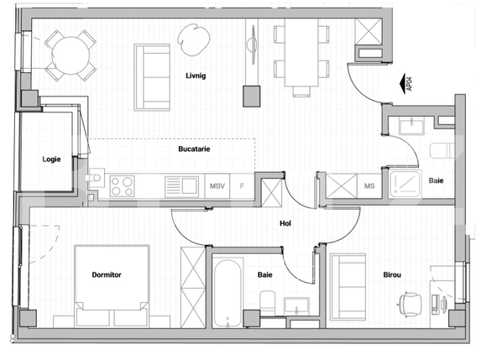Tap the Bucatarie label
coord(194,149)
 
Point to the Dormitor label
coord(107,274)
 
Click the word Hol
coord(285,223)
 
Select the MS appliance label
coord(369,185)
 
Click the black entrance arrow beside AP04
coord(396,82)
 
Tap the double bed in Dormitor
coord(112,285)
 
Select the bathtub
coord(226,293)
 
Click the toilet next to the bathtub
coord(268,301)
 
